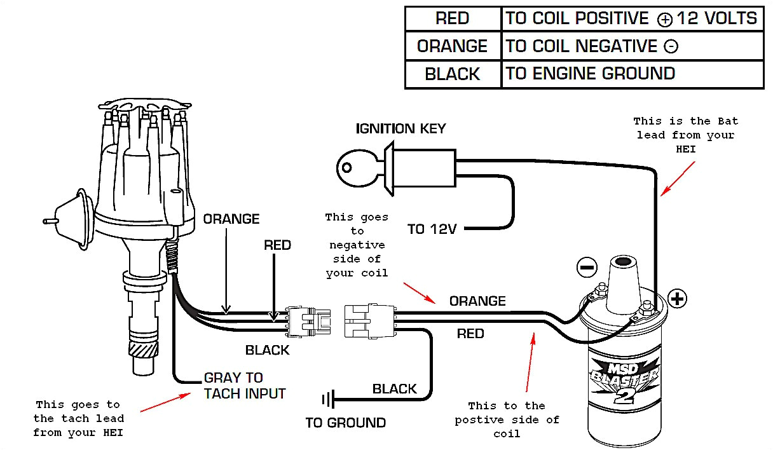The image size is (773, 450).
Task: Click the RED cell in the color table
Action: click(x=452, y=18)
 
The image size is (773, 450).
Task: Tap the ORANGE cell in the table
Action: click(x=452, y=46)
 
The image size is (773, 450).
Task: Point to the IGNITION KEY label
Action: click(x=400, y=128)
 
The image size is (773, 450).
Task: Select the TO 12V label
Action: click(x=432, y=229)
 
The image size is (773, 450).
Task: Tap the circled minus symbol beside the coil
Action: click(x=587, y=267)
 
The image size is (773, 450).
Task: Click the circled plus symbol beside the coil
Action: click(x=678, y=298)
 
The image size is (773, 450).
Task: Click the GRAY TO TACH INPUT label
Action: click(x=244, y=386)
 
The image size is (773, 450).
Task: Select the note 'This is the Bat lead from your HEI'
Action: click(x=685, y=135)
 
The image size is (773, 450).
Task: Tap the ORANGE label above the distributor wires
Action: click(x=231, y=219)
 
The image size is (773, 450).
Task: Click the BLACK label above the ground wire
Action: click(x=394, y=389)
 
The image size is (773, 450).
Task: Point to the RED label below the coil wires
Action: click(x=470, y=334)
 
